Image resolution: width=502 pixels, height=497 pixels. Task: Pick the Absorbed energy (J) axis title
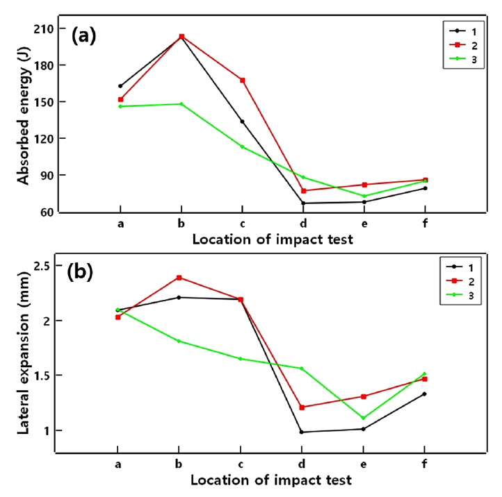tap(24, 119)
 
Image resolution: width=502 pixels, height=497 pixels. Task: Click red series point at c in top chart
tap(242, 81)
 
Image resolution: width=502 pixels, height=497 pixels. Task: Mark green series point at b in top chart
tap(181, 104)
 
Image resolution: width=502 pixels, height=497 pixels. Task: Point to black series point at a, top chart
tap(120, 86)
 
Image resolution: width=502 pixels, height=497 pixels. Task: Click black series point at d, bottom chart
tap(302, 432)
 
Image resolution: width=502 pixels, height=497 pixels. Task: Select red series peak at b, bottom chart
tap(181, 278)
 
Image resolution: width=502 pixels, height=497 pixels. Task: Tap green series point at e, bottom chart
tap(364, 418)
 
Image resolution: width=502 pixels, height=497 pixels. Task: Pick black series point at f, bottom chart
tap(424, 394)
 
